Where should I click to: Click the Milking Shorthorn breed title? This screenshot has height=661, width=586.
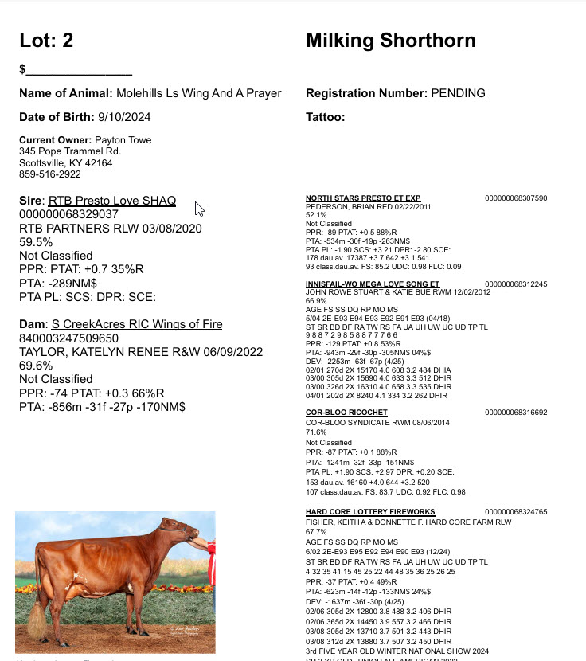pyautogui.click(x=391, y=41)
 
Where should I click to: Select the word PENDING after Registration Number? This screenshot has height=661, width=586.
pyautogui.click(x=458, y=93)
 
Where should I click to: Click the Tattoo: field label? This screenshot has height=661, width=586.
pyautogui.click(x=326, y=117)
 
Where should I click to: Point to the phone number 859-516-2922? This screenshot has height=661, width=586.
pyautogui.click(x=50, y=174)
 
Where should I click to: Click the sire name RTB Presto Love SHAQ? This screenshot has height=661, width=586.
pyautogui.click(x=111, y=201)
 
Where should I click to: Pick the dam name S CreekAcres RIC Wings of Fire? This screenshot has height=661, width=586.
pyautogui.click(x=137, y=324)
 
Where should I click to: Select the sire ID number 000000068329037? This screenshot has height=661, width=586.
pyautogui.click(x=68, y=214)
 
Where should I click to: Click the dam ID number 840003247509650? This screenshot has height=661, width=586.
pyautogui.click(x=68, y=338)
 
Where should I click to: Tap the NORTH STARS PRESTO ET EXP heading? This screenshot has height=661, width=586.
pyautogui.click(x=363, y=198)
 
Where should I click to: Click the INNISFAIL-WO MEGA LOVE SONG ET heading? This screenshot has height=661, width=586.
pyautogui.click(x=373, y=284)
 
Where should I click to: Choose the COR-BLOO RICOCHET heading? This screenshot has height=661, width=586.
pyautogui.click(x=346, y=413)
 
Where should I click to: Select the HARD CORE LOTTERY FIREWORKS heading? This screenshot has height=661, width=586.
pyautogui.click(x=370, y=511)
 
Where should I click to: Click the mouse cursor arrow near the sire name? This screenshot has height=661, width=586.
pyautogui.click(x=199, y=209)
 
